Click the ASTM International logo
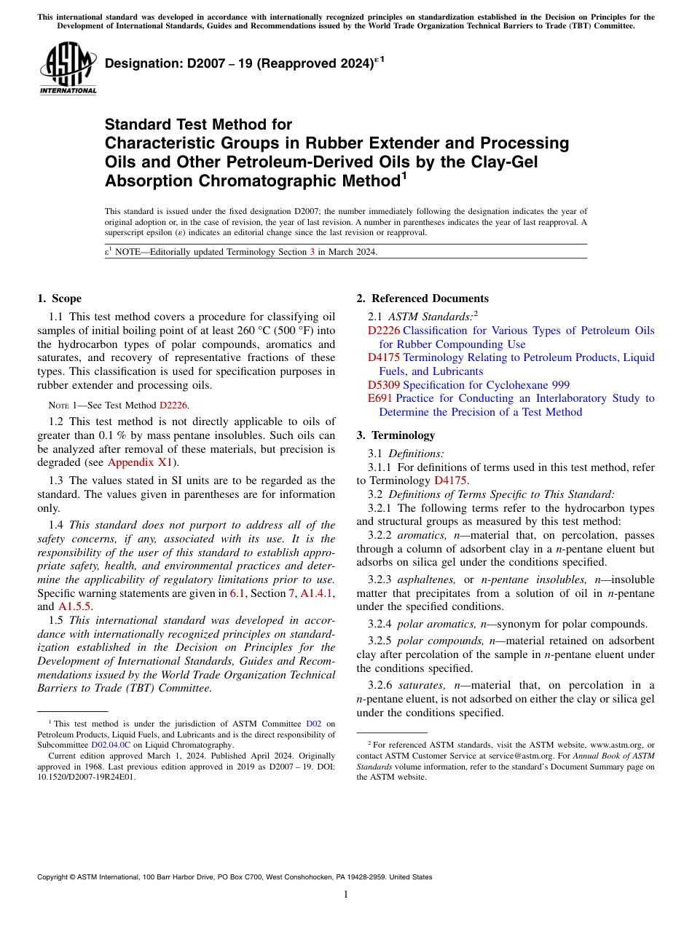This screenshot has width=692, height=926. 68,68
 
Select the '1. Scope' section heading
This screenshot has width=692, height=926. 59,298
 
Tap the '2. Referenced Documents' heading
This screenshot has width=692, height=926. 422,298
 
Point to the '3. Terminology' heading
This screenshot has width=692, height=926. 396,435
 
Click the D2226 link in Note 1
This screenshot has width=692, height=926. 173,405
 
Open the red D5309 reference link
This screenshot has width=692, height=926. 384,385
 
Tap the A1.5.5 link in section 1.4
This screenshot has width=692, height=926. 75,606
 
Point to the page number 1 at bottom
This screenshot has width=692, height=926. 346,894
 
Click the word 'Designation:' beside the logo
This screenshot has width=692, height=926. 139,64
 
